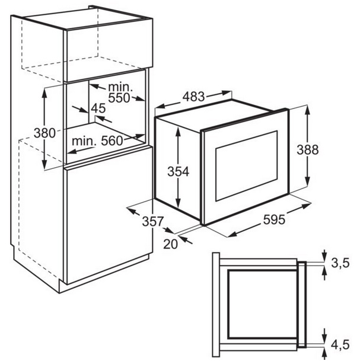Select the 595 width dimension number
273,219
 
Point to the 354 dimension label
177,172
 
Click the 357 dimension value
152,221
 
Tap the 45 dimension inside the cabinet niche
98,108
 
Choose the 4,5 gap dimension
343,344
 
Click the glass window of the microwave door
246,165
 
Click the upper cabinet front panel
107,57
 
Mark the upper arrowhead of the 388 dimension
308,110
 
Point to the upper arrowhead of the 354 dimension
177,128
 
